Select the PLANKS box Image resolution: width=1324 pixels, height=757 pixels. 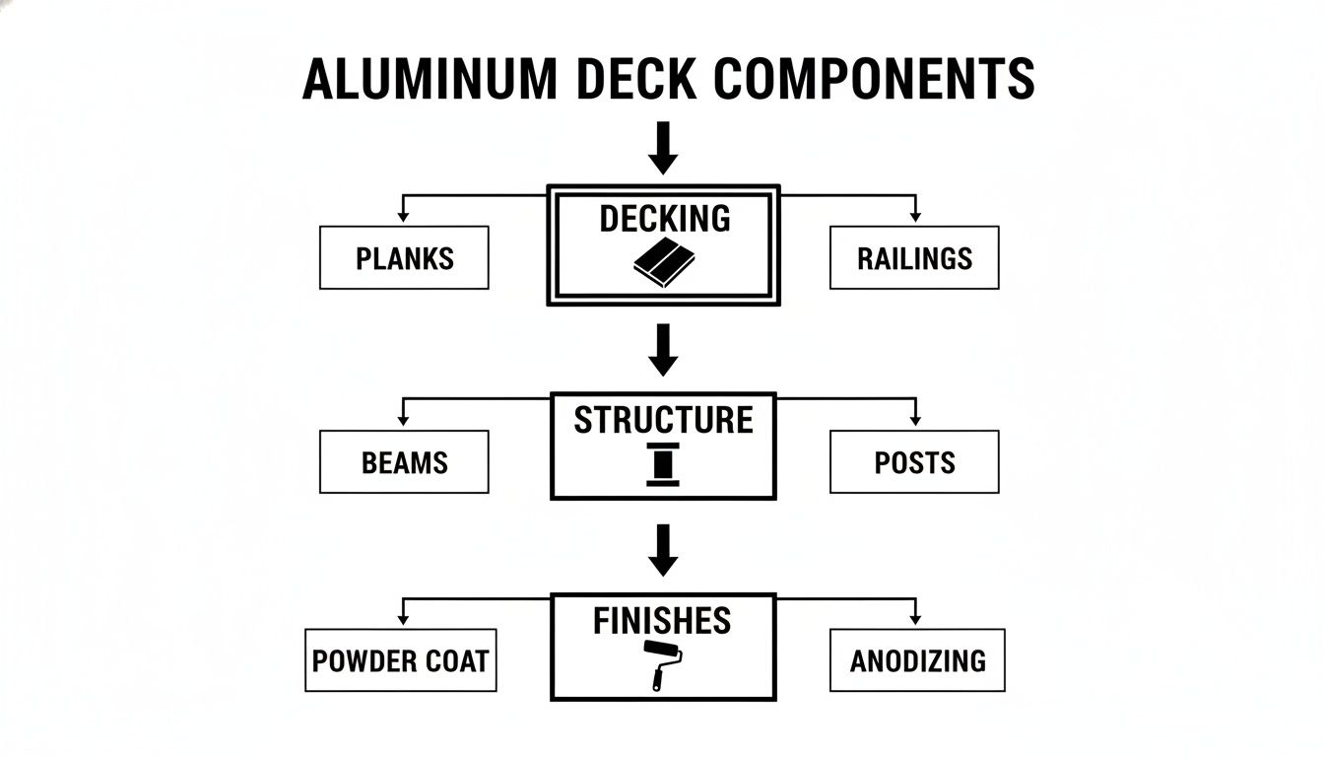coord(404,258)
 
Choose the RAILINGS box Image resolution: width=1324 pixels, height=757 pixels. coord(914,258)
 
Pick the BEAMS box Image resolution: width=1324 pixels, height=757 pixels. coord(404,462)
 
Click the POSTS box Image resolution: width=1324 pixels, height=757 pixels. coord(914,462)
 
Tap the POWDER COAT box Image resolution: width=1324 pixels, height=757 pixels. coord(400,660)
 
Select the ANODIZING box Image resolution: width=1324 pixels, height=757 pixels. coord(917,660)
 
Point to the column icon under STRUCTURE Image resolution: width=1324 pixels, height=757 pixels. coord(663,464)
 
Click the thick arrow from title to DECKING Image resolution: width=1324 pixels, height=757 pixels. coord(663,148)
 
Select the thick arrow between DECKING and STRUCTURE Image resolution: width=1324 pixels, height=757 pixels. coord(663,350)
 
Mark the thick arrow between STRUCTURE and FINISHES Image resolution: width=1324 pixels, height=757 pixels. coord(663,550)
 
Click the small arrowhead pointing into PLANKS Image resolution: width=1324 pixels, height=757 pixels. coord(402,215)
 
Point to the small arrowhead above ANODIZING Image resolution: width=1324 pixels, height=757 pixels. coord(915,618)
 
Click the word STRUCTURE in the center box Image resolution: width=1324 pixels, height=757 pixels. coord(663,420)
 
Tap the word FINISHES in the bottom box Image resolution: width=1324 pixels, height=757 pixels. coord(662,621)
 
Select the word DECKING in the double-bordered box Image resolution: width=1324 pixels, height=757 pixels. coord(665,219)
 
